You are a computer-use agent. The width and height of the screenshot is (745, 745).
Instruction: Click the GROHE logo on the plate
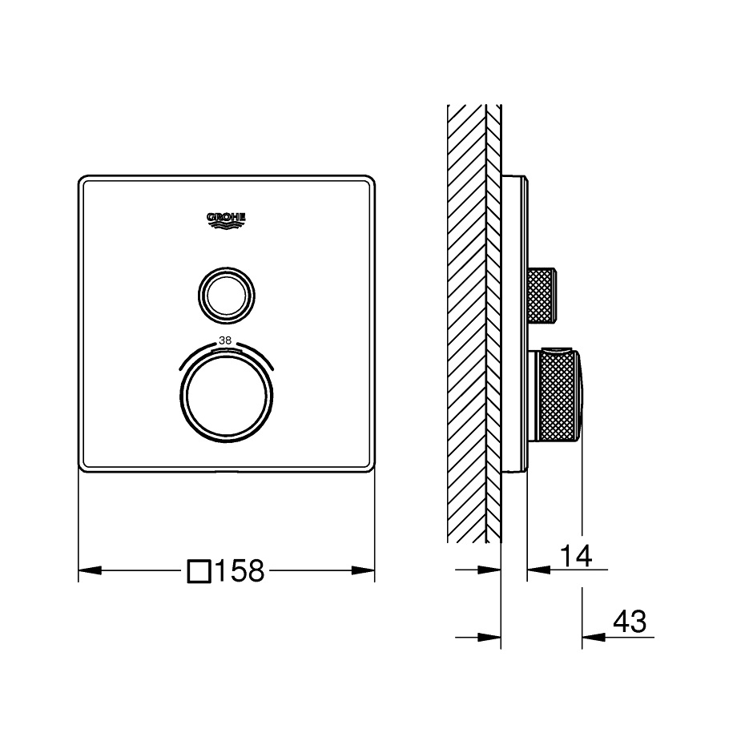(226, 220)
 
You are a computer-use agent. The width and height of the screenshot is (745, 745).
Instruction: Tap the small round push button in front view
(226, 296)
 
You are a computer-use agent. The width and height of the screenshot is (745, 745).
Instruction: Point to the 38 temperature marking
(225, 340)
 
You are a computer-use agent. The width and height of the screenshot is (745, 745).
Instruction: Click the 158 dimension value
(240, 570)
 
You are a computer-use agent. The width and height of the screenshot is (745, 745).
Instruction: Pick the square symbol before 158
(199, 570)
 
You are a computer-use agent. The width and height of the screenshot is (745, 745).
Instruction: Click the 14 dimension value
(576, 556)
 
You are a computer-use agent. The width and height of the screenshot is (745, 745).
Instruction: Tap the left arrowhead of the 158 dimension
(90, 570)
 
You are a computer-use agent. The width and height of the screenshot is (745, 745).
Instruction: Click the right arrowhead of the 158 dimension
(363, 570)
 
